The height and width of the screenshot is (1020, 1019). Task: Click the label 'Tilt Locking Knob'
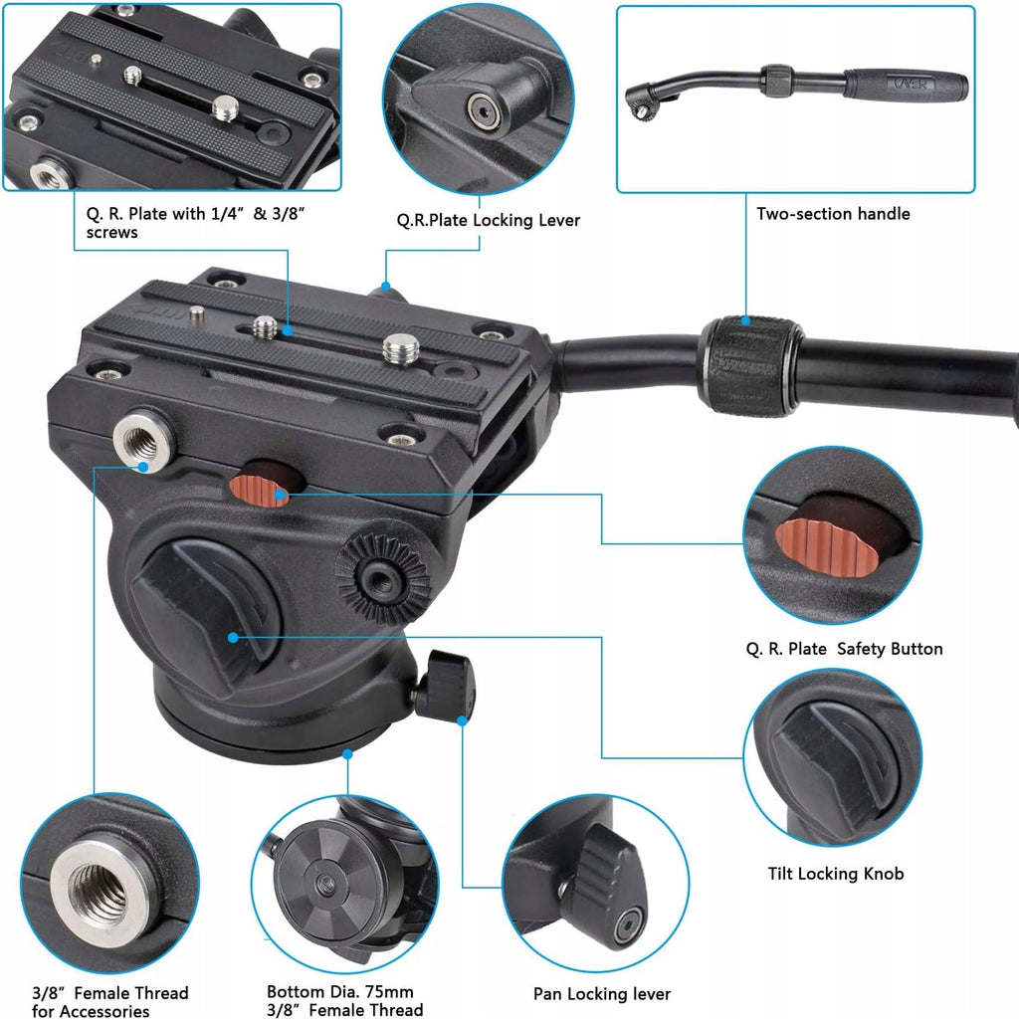[836, 874]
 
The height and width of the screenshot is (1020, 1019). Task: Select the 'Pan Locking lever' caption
[602, 993]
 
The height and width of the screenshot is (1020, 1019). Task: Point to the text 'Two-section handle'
[833, 213]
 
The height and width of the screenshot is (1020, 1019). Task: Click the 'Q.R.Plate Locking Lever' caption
[488, 220]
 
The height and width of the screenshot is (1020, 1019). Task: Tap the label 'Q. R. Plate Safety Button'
[844, 649]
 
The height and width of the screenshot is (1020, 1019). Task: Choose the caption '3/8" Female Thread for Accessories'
[110, 1002]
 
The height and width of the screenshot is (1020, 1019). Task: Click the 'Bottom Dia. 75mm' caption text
[339, 991]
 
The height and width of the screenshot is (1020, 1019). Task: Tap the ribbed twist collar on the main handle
[749, 366]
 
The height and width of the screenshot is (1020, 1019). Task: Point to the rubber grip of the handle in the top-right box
[907, 85]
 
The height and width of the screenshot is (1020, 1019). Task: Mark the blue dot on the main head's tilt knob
[233, 638]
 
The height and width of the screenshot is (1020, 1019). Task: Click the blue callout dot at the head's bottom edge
[347, 754]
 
